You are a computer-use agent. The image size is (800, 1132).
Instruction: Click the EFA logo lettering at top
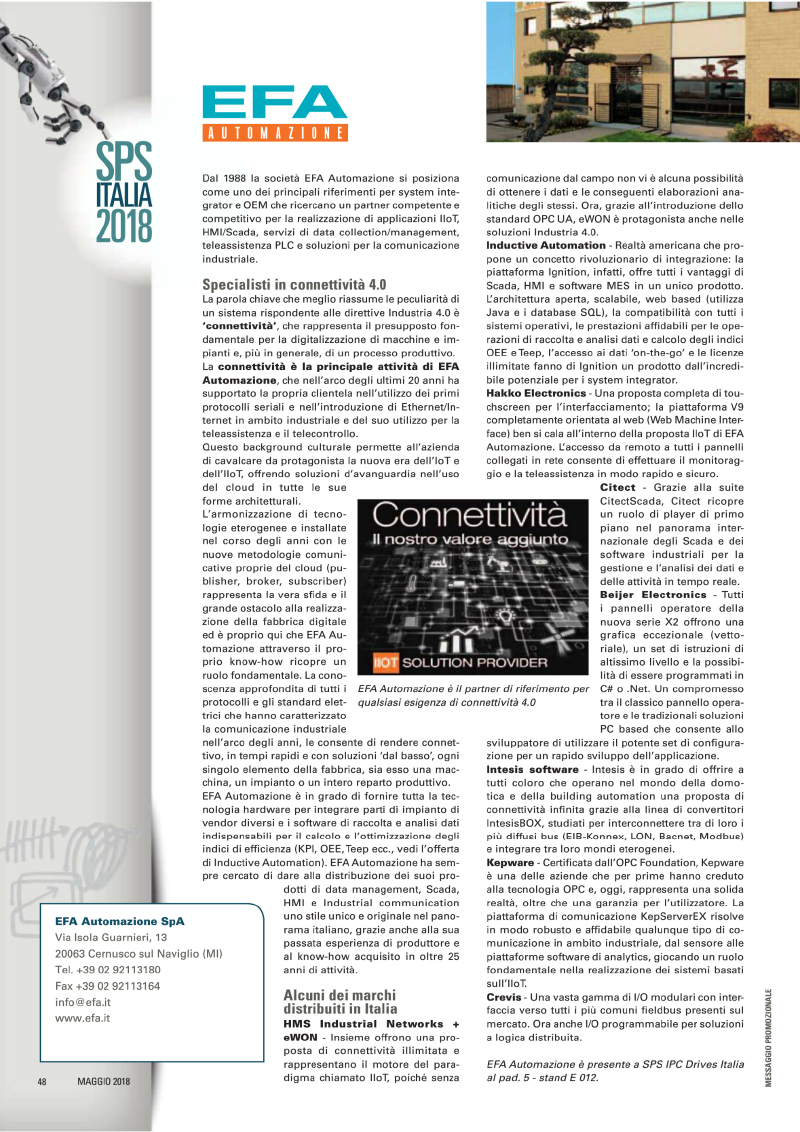pyautogui.click(x=274, y=103)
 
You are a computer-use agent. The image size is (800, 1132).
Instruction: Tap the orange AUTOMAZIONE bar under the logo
pyautogui.click(x=274, y=132)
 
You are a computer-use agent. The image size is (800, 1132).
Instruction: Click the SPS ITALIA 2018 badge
pyautogui.click(x=124, y=191)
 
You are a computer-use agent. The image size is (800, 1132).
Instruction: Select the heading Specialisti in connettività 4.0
pyautogui.click(x=294, y=284)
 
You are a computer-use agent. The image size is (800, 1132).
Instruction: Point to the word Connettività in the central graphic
pyautogui.click(x=462, y=517)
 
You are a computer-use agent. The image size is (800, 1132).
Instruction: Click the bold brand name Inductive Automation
pyautogui.click(x=546, y=245)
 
